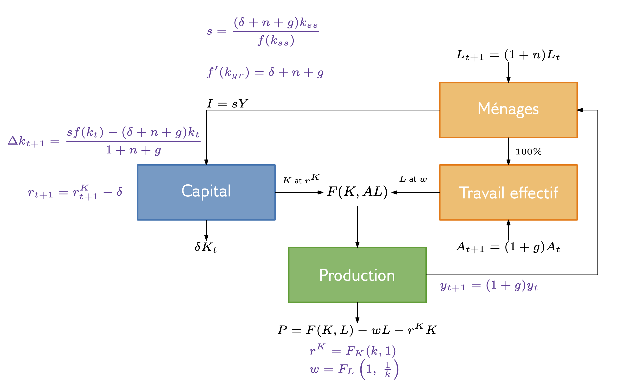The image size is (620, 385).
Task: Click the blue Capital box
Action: click(x=206, y=192)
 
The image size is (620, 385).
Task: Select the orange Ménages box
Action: click(x=508, y=110)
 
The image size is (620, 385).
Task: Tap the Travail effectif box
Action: click(x=508, y=192)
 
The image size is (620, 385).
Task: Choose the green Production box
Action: click(x=357, y=275)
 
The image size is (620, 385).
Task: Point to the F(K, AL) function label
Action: click(x=357, y=192)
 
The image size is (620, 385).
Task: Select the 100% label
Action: click(x=528, y=152)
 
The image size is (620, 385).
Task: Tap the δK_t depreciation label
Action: click(x=206, y=247)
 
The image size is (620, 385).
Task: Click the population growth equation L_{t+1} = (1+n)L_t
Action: click(x=508, y=55)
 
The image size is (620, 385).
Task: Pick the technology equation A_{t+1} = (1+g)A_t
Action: click(x=508, y=247)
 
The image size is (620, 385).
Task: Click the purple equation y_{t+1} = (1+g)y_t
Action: click(x=488, y=286)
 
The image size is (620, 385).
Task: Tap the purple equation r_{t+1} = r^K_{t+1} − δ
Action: click(x=75, y=192)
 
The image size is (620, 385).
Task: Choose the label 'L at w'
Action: click(x=413, y=179)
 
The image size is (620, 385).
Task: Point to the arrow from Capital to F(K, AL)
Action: click(x=299, y=192)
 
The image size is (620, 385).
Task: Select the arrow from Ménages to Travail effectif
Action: click(x=509, y=151)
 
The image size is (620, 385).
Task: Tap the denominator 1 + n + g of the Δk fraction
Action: click(x=133, y=150)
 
